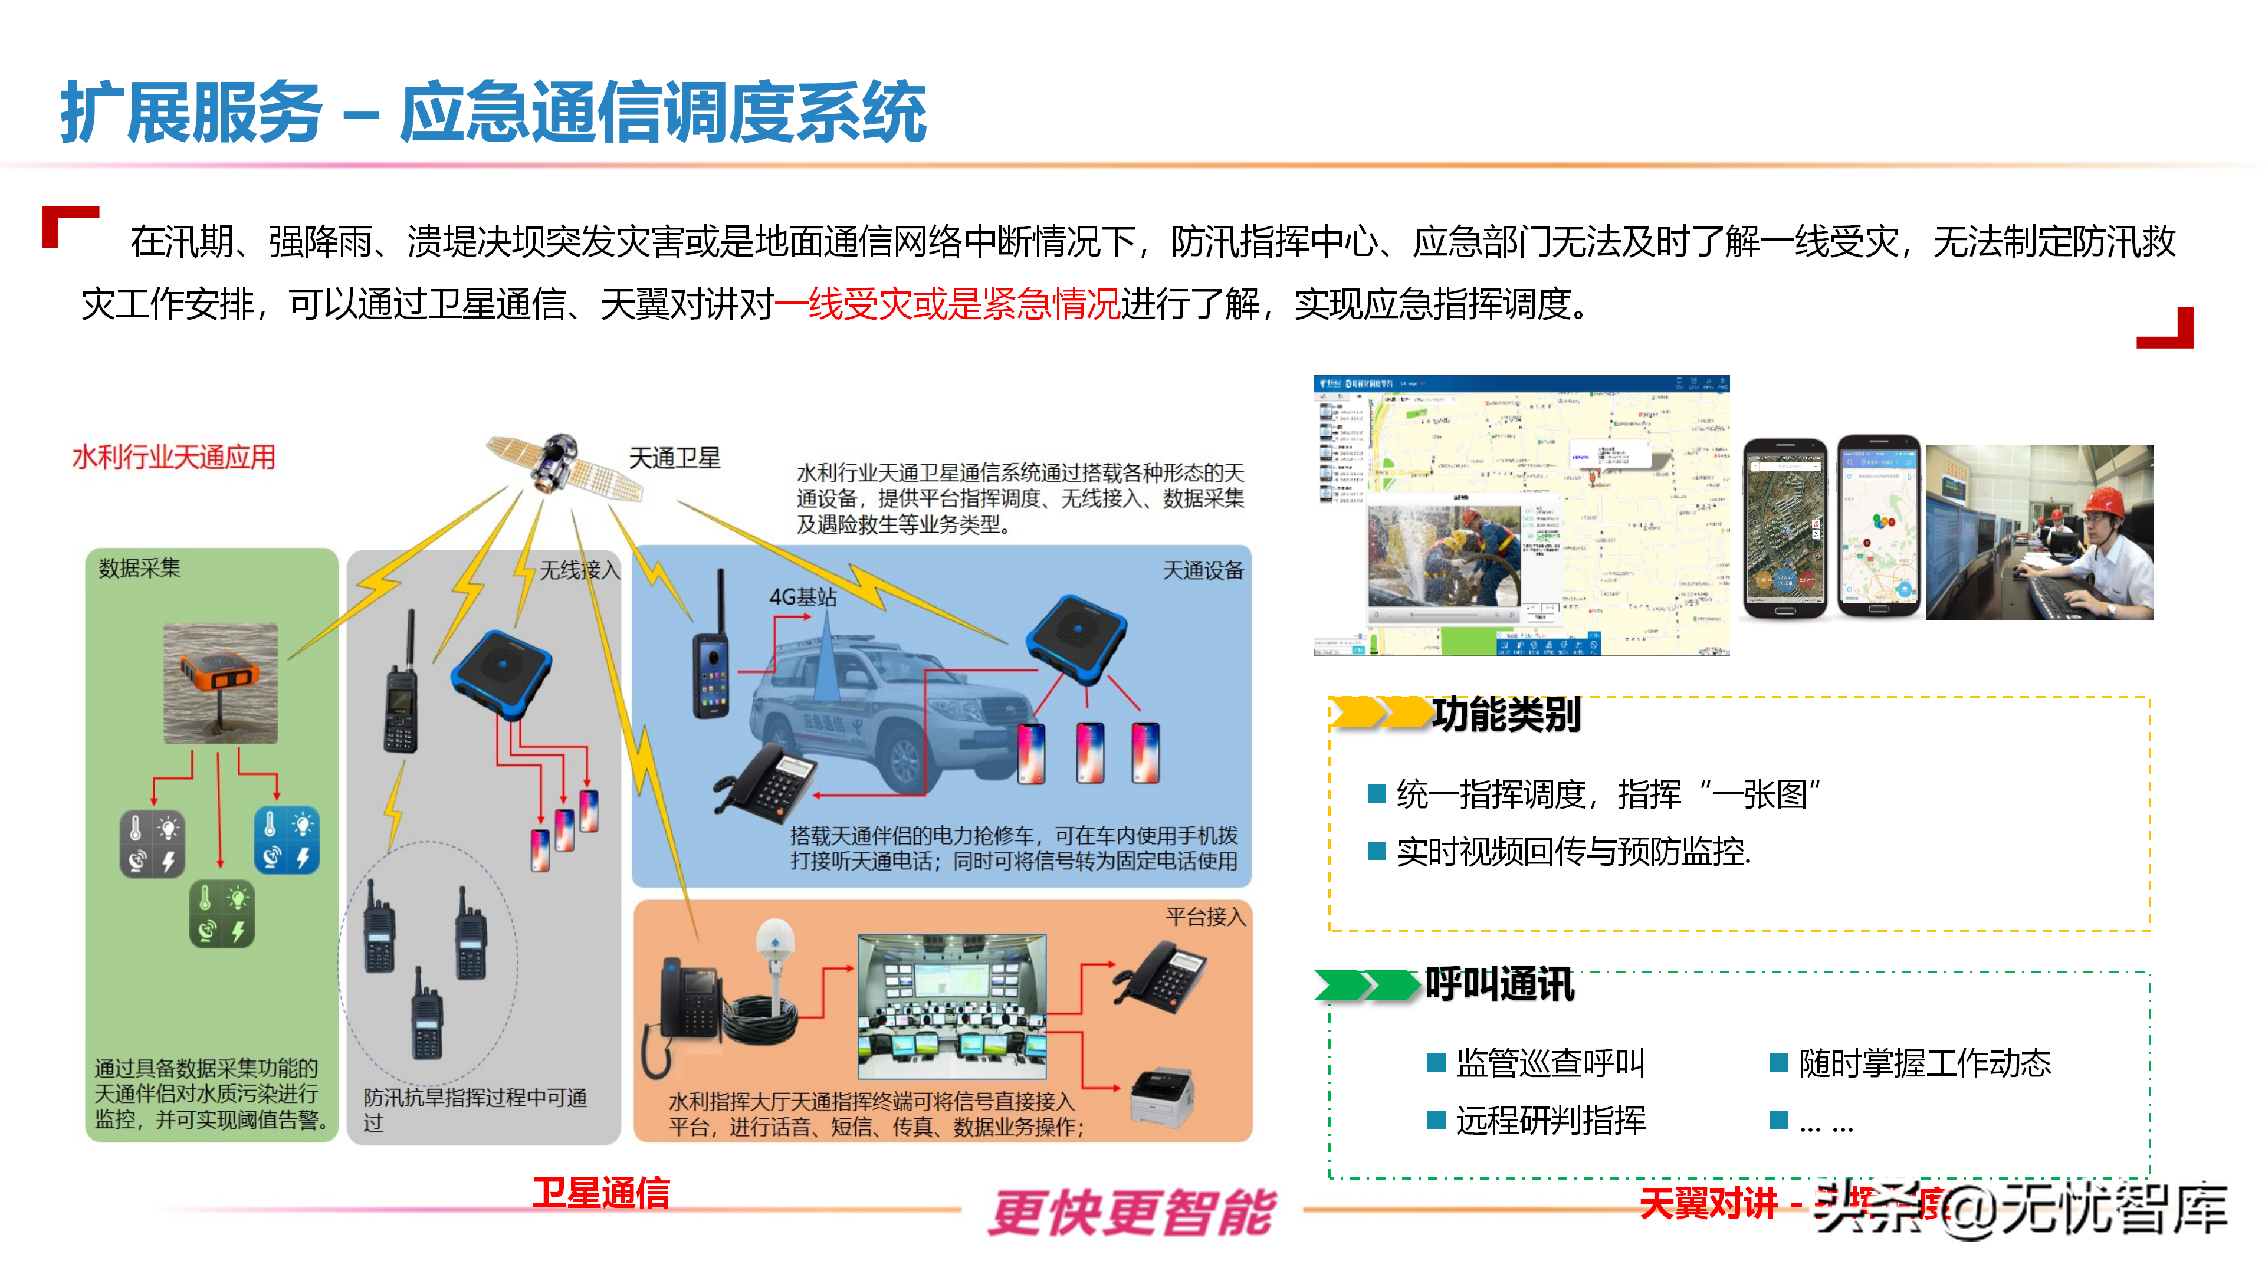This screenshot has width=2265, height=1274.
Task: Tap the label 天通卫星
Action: (674, 458)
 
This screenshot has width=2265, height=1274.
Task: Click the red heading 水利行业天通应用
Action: (173, 457)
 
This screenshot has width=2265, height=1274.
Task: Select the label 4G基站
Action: (802, 597)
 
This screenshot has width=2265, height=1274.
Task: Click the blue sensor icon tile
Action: (287, 840)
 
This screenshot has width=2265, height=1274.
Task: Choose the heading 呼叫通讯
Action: (1499, 984)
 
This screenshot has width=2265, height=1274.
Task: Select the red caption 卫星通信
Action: (602, 1193)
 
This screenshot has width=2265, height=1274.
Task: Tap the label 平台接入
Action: (1206, 917)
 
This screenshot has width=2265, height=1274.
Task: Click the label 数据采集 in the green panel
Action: (139, 569)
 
